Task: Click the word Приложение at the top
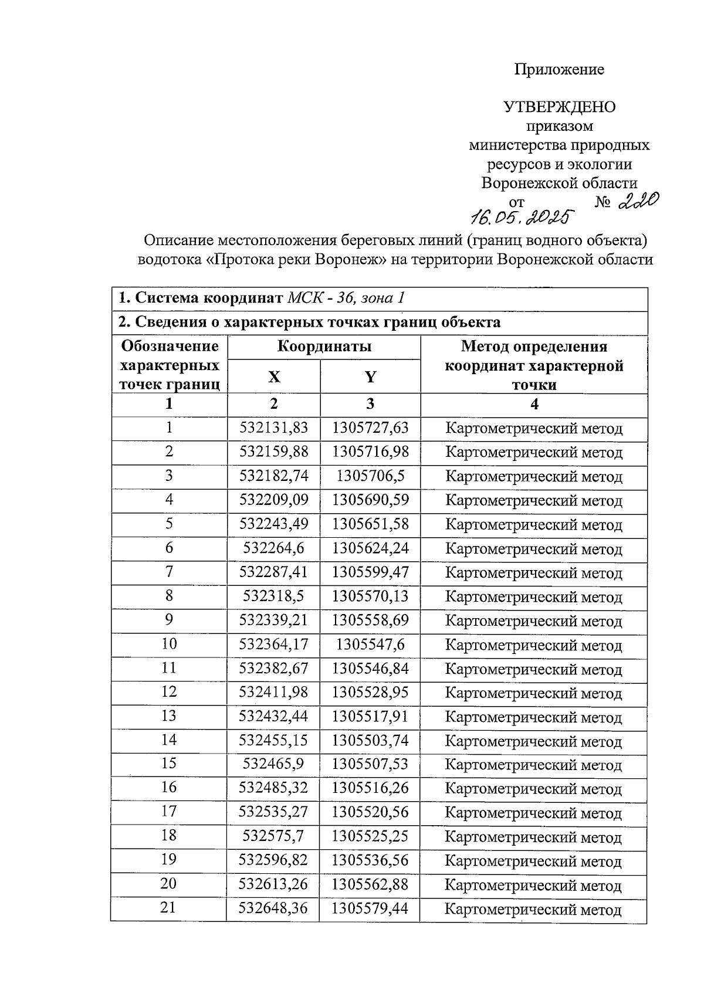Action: point(559,70)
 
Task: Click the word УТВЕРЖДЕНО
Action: point(559,107)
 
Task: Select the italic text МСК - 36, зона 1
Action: point(346,298)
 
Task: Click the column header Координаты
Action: point(324,347)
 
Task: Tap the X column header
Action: point(274,377)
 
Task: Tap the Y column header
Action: point(370,377)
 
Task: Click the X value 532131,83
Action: point(274,428)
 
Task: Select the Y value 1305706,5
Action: point(370,476)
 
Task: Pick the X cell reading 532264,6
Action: point(274,548)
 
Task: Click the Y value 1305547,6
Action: point(370,645)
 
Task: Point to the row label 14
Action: point(169,740)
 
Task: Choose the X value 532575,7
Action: point(273,836)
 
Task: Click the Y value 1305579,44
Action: point(370,909)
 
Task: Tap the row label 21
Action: point(168,908)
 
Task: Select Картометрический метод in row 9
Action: point(534,621)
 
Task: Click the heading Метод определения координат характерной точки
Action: point(534,365)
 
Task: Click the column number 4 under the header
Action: point(534,404)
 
